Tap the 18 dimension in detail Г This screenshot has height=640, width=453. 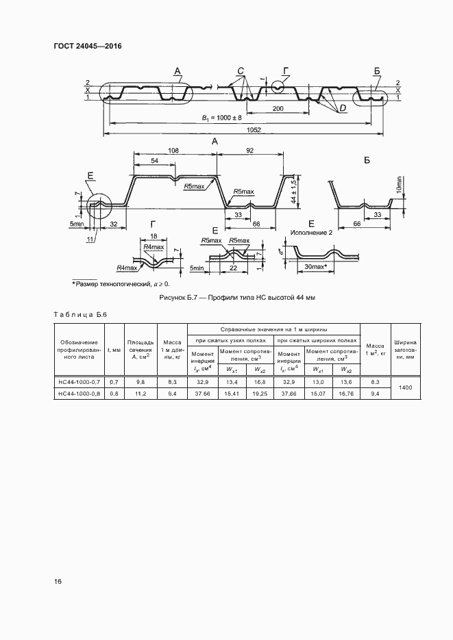(154, 236)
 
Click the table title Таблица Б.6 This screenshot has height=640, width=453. (81, 314)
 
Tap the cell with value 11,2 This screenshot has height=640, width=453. (140, 394)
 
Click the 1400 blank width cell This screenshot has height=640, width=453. (404, 387)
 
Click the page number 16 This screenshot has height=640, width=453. (58, 582)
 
